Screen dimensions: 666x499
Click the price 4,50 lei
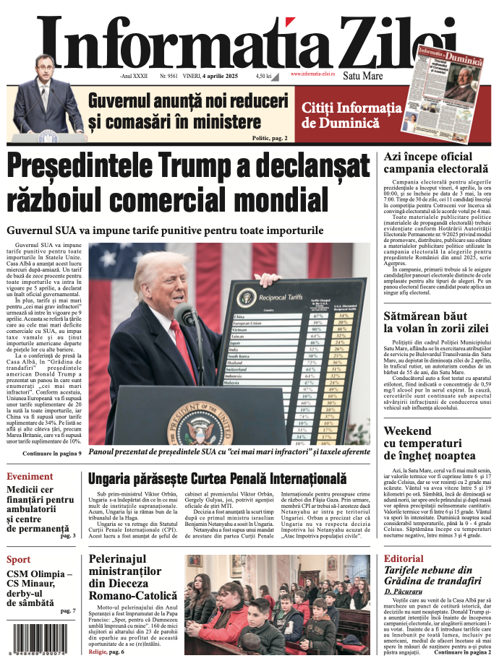(263, 75)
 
